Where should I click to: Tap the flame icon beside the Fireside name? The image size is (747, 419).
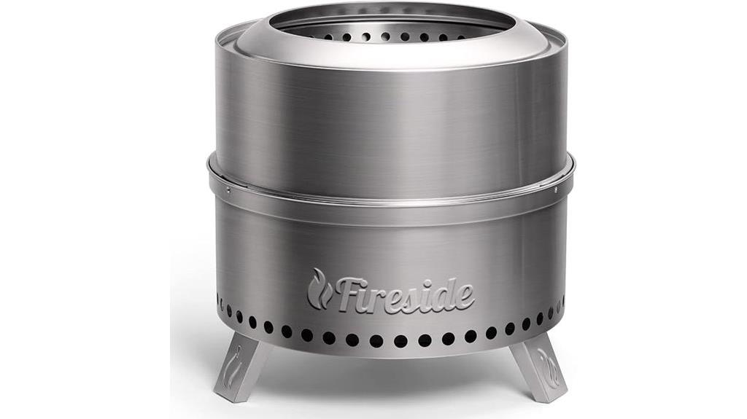click(x=318, y=289)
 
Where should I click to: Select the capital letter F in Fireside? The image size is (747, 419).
click(x=348, y=292)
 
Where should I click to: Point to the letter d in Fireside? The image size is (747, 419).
click(x=444, y=293)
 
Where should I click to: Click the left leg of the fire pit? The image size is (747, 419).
click(x=239, y=364)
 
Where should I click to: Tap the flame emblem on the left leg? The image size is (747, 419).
click(x=235, y=364)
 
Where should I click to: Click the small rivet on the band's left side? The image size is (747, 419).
click(x=227, y=191)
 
